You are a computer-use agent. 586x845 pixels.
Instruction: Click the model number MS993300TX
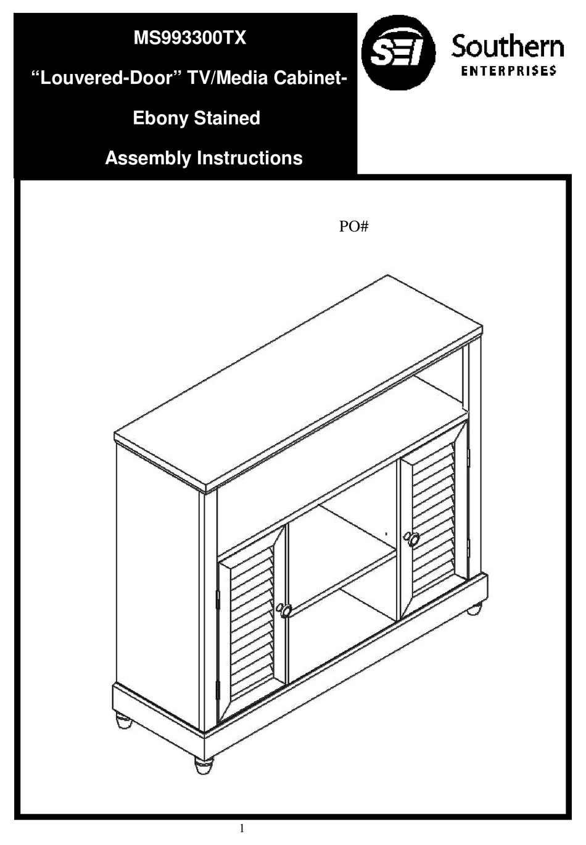(190, 38)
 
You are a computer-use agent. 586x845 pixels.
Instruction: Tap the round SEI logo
(398, 53)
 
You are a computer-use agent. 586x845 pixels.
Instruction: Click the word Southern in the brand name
(507, 47)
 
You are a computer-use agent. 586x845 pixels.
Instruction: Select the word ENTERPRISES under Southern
(509, 70)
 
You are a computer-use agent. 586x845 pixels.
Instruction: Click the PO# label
(353, 227)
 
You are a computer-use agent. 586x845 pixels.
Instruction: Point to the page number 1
(242, 828)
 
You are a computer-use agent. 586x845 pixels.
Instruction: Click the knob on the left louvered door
(285, 610)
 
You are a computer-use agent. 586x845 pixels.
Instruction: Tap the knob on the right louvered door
(413, 539)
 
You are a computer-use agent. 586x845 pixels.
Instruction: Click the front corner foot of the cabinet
(204, 765)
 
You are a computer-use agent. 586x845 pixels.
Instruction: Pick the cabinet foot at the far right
(474, 609)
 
